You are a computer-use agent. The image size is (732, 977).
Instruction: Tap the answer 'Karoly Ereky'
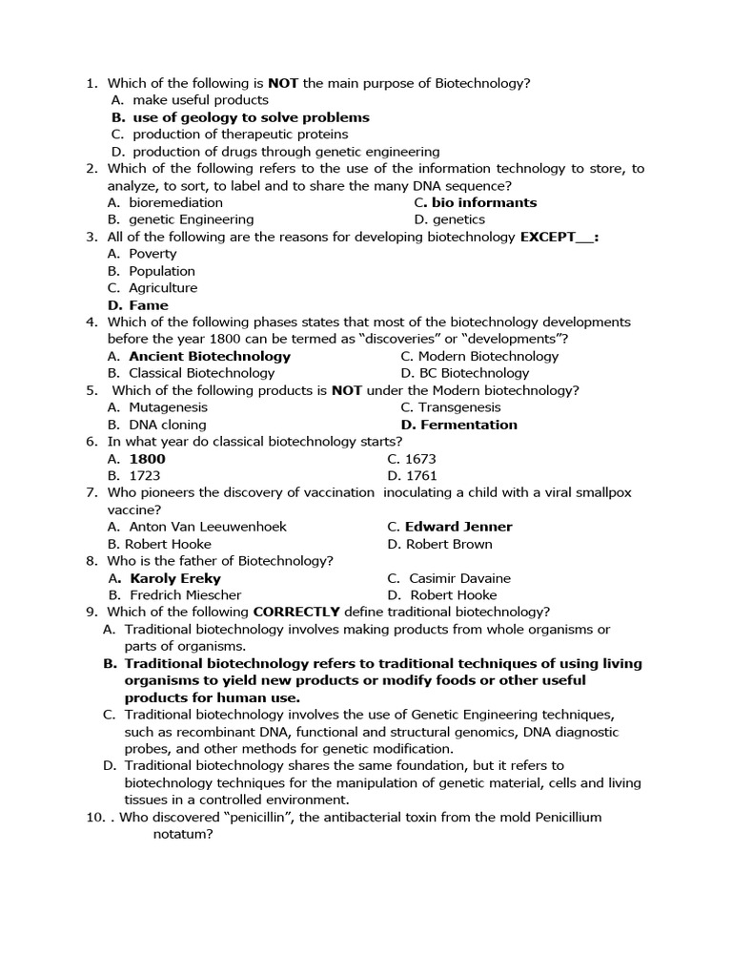174,578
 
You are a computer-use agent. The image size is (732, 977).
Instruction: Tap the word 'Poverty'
152,254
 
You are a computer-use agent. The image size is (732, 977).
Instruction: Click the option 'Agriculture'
163,288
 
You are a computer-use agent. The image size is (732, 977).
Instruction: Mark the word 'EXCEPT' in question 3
549,237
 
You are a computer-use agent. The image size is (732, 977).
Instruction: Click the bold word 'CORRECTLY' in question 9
296,612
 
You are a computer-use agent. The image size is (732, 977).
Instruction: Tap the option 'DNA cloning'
168,425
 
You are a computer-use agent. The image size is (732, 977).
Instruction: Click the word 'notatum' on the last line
182,835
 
